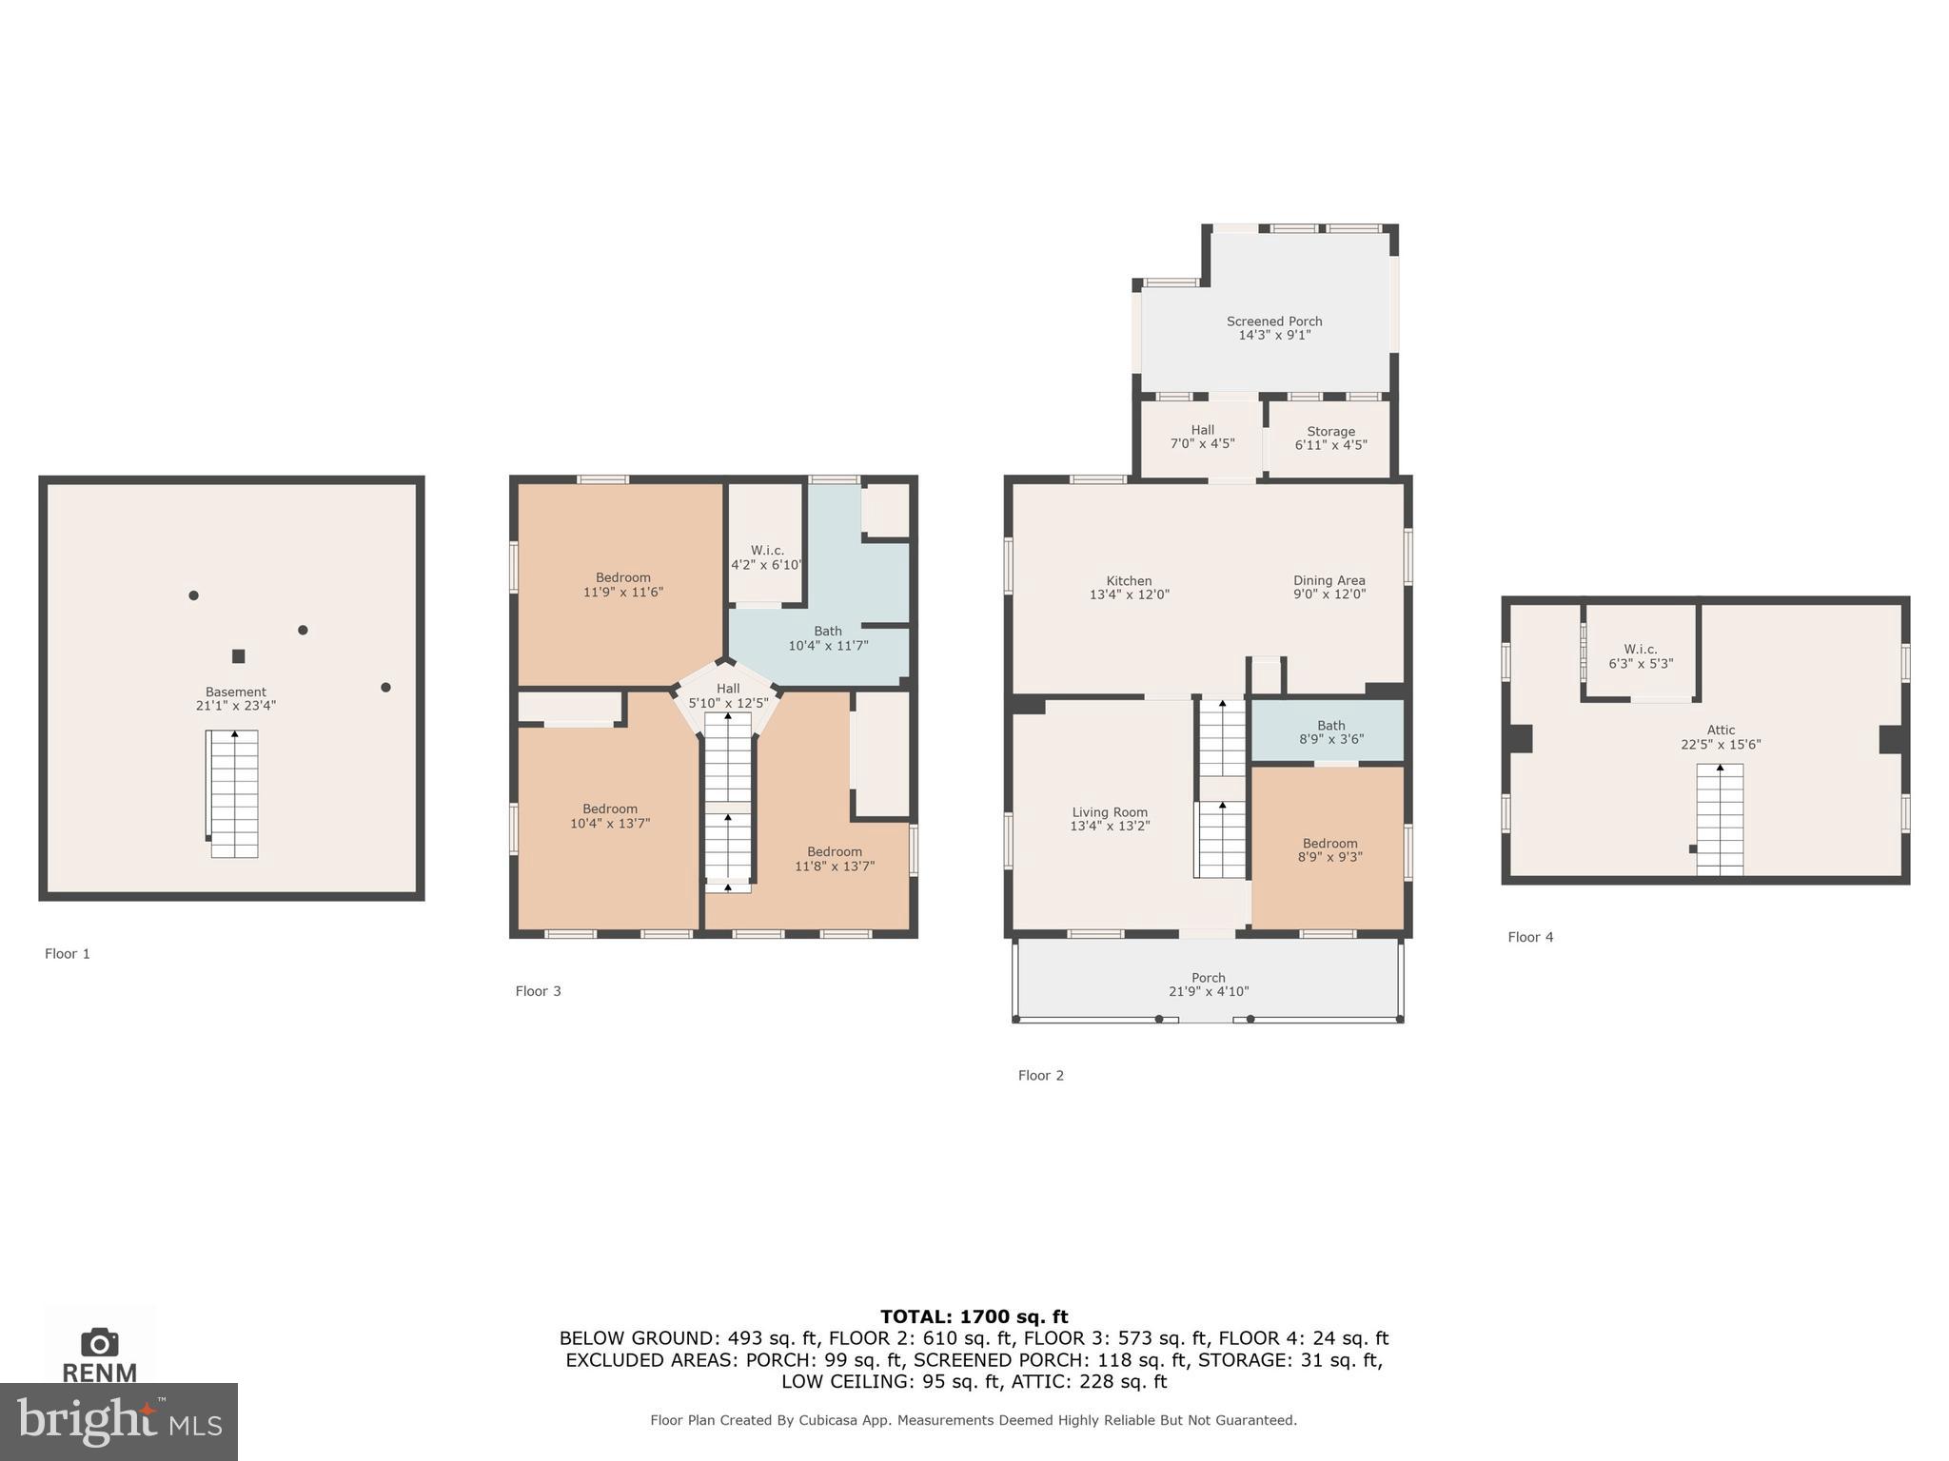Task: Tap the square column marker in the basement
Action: [x=239, y=656]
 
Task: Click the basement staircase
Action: [x=234, y=794]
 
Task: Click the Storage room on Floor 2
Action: [x=1330, y=438]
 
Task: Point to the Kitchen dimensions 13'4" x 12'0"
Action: [x=1129, y=595]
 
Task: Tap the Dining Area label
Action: [x=1329, y=580]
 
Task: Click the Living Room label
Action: [x=1110, y=812]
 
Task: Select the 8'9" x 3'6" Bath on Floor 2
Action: [x=1330, y=731]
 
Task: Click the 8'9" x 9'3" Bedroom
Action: [x=1329, y=849]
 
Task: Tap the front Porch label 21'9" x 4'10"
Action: [x=1209, y=984]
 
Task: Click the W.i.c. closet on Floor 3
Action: [x=766, y=557]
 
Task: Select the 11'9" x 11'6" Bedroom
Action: [x=622, y=584]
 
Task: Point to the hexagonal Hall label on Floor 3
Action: [x=728, y=689]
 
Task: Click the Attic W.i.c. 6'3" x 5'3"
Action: [x=1641, y=656]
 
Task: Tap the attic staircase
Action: [x=1720, y=819]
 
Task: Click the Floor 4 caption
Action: [x=1530, y=937]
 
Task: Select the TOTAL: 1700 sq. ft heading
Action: [x=974, y=1316]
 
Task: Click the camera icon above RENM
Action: [x=100, y=1342]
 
